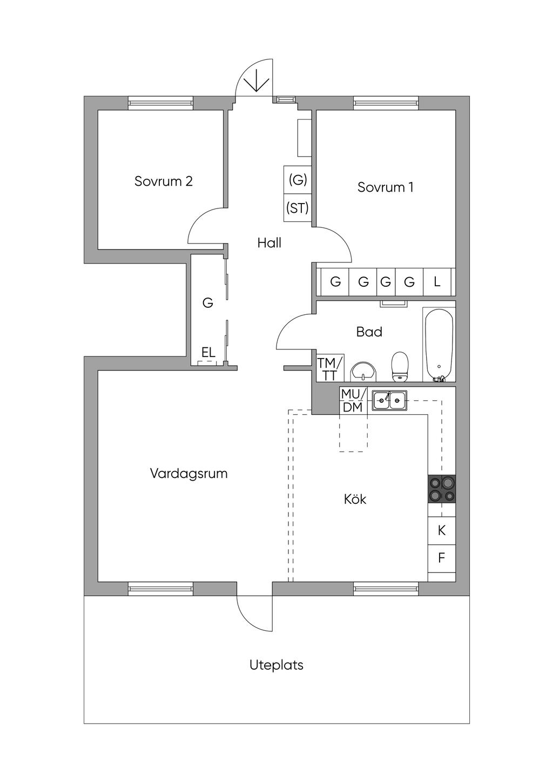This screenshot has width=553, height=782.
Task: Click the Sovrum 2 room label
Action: (164, 181)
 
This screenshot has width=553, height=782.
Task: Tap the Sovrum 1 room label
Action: (385, 187)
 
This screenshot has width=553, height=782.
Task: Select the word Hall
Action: (269, 242)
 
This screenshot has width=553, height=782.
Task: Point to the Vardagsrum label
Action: (188, 474)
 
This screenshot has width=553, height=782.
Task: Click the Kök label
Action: (355, 499)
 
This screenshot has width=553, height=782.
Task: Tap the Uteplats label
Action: (276, 665)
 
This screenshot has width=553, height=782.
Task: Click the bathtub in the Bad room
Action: (439, 345)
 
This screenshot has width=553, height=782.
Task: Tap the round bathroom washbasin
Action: (363, 372)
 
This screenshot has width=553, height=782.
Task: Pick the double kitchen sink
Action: (389, 400)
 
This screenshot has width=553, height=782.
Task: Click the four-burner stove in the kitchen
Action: (442, 489)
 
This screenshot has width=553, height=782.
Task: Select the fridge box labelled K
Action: (442, 530)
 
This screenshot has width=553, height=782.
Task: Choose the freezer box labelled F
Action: (442, 558)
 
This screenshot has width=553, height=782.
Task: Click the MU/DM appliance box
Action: (353, 400)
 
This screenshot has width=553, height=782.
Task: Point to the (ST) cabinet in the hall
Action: (297, 208)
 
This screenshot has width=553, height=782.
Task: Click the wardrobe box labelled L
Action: (437, 281)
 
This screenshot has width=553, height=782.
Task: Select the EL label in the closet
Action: (208, 352)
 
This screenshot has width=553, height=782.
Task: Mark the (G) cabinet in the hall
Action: (297, 180)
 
